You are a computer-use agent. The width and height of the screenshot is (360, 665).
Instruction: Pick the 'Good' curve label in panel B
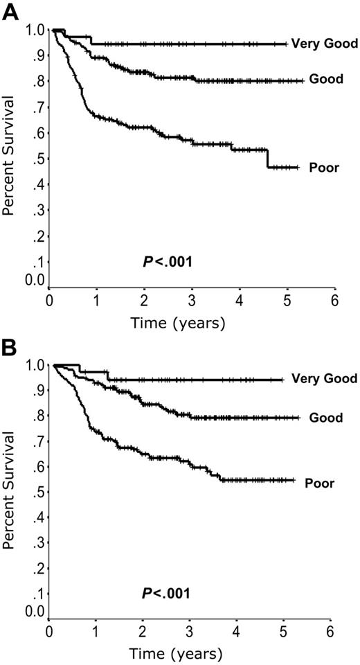click(x=327, y=418)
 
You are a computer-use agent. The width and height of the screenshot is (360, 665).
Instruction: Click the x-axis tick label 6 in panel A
click(x=334, y=301)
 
